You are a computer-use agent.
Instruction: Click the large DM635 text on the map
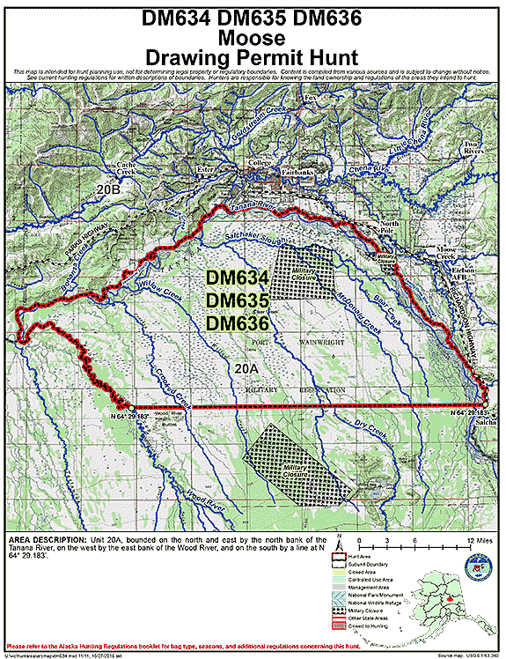click(232, 300)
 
